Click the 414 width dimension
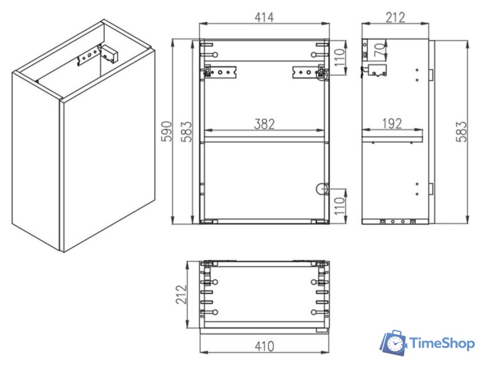tap(264, 18)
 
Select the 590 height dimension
tap(167, 131)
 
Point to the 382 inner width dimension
tap(264, 124)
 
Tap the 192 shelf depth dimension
tap(392, 123)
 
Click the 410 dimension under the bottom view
tap(264, 347)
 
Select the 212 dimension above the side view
tap(395, 18)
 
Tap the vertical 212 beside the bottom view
tap(181, 294)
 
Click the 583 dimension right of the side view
tap(461, 132)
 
